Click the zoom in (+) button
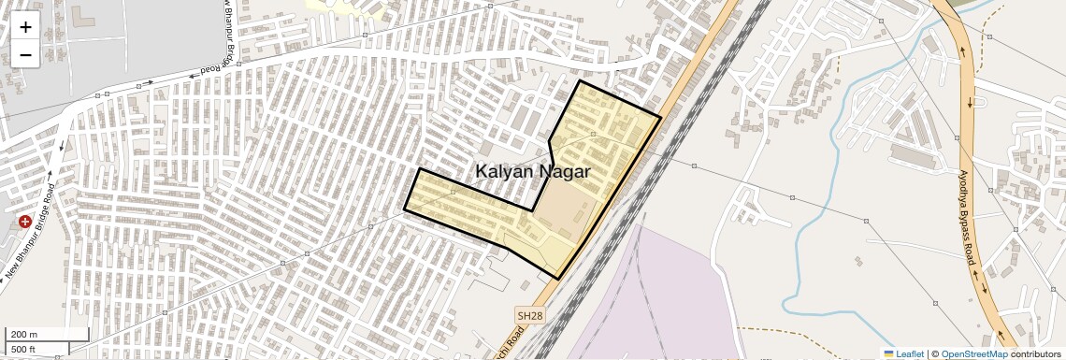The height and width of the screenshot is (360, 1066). pos(25,27)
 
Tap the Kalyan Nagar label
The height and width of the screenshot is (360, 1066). pos(533,172)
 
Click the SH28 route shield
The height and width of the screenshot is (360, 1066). pos(528,316)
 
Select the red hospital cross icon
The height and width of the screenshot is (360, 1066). pos(24,222)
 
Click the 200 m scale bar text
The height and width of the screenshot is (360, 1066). pos(24,334)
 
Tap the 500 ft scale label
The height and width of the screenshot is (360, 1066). pos(23,350)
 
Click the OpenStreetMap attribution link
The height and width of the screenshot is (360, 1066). pos(973,353)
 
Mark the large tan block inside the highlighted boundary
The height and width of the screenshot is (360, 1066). pos(567,210)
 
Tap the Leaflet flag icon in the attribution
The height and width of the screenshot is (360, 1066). pos(889,353)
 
